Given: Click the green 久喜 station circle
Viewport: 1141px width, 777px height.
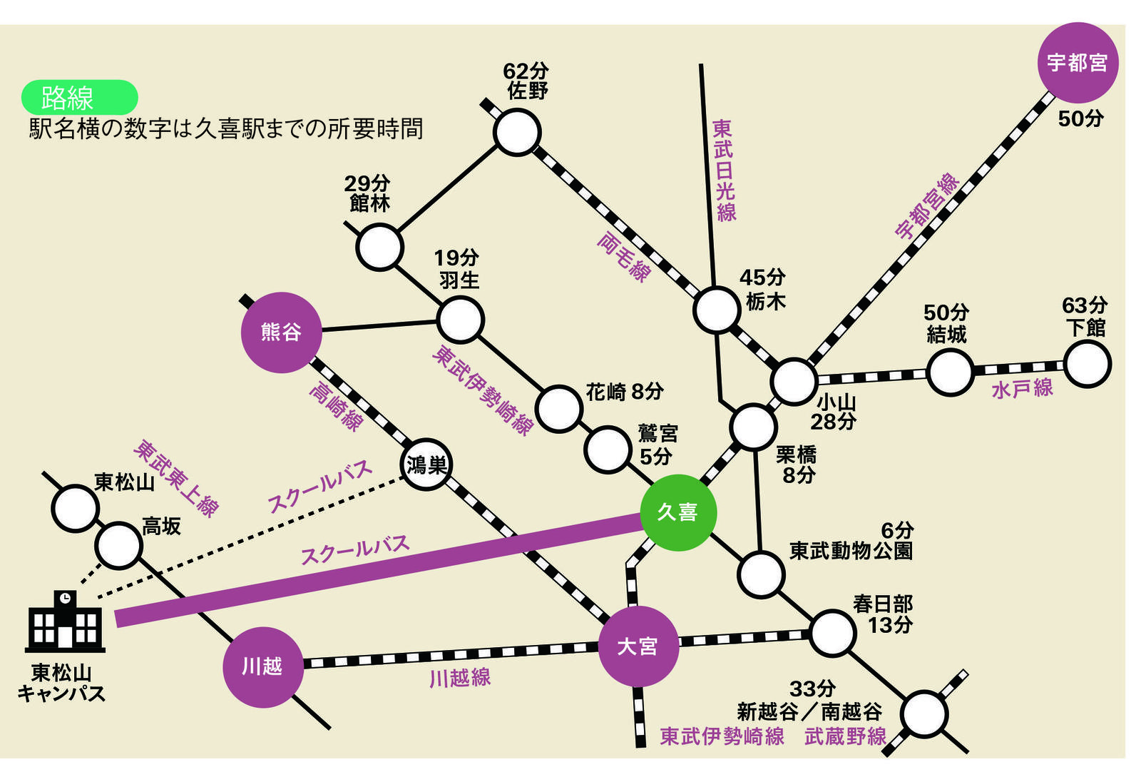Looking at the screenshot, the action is point(678,512).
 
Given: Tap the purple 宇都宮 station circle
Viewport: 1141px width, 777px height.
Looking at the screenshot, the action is point(1078,63).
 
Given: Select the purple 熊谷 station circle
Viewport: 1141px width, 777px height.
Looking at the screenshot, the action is point(281,332).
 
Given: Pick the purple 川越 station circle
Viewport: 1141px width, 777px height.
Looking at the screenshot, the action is point(263,667).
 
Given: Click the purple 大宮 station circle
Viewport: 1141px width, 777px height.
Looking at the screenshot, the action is point(638,646).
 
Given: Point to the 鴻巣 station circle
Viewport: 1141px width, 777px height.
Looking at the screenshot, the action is point(426,464).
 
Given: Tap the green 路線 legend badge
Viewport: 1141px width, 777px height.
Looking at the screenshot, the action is point(79,97).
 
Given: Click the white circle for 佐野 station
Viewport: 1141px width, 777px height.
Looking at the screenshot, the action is point(516,132).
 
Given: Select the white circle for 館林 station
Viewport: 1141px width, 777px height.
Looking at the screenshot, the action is point(380,247).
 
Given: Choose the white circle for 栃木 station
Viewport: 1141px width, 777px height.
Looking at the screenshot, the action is point(716,310).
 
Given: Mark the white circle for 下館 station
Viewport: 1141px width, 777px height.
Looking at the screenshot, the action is point(1088,365).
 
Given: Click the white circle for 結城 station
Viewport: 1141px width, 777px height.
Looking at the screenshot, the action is point(950,372).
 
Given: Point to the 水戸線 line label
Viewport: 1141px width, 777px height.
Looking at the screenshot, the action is point(1022,389).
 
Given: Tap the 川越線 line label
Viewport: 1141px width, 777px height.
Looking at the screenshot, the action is point(460,678).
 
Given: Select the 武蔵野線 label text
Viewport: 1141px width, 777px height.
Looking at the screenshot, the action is point(846,737).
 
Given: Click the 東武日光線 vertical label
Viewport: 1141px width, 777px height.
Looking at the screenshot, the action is point(724,171).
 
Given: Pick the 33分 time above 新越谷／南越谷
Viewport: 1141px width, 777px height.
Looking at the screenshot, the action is point(812,689).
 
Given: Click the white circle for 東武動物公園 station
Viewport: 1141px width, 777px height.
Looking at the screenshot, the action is point(761,575).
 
